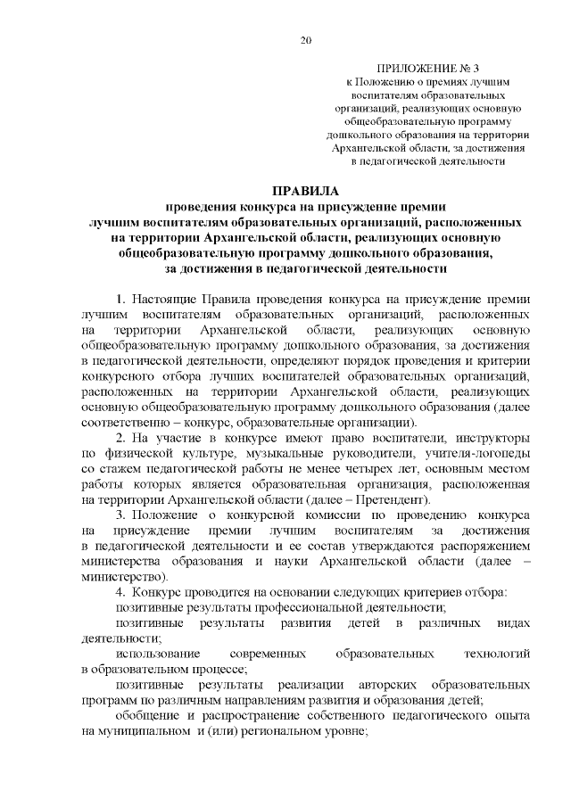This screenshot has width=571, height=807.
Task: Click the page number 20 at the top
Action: click(x=306, y=40)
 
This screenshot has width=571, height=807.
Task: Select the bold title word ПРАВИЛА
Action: click(x=305, y=191)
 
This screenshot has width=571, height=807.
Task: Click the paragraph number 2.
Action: click(x=120, y=437)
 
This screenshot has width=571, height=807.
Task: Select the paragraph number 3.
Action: click(x=120, y=515)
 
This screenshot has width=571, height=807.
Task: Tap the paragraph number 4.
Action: click(x=120, y=593)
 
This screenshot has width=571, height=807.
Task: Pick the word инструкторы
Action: click(x=490, y=437)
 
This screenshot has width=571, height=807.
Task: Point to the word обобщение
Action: click(x=147, y=716)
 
